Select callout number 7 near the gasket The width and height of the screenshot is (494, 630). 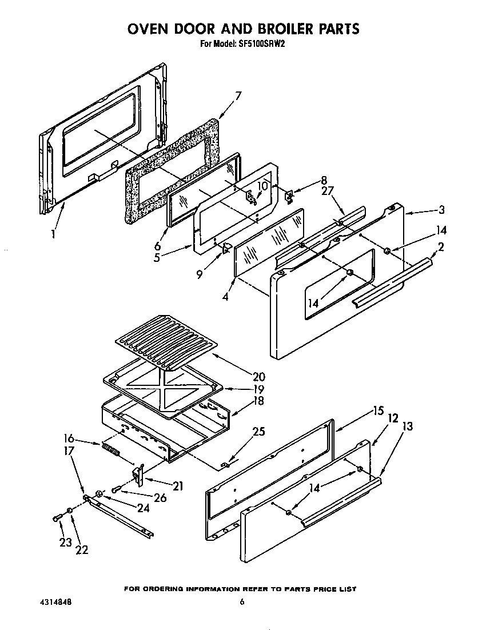pos(238,95)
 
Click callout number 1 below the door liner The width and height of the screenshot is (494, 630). pos(53,233)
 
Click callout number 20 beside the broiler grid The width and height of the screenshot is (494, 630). pos(258,377)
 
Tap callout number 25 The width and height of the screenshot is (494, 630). pos(258,432)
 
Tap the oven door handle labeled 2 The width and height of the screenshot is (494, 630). pos(392,280)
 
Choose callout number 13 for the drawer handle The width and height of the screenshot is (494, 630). pos(407,426)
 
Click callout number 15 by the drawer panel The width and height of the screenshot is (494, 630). pos(378,410)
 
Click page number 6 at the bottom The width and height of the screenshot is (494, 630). pos(242,601)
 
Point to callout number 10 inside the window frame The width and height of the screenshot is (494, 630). pos(262,186)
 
